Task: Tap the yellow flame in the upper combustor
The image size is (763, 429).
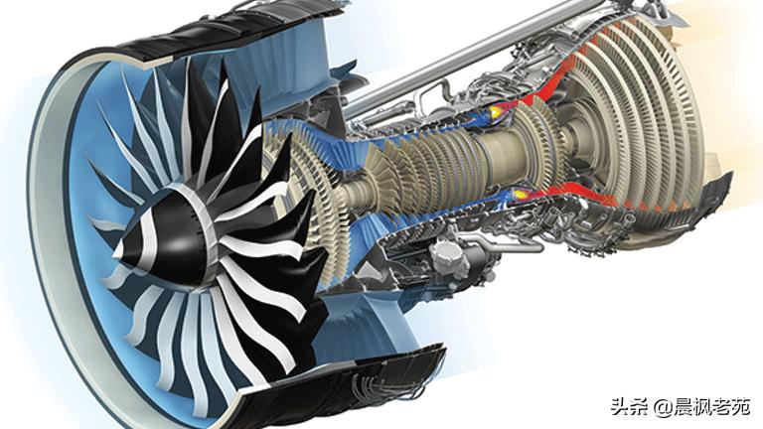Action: point(497,112)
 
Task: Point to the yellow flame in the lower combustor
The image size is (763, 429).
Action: point(520,194)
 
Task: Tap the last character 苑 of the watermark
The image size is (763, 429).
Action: point(741,406)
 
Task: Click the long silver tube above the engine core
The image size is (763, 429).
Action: point(462,55)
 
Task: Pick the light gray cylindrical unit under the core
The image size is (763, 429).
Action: point(449,257)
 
